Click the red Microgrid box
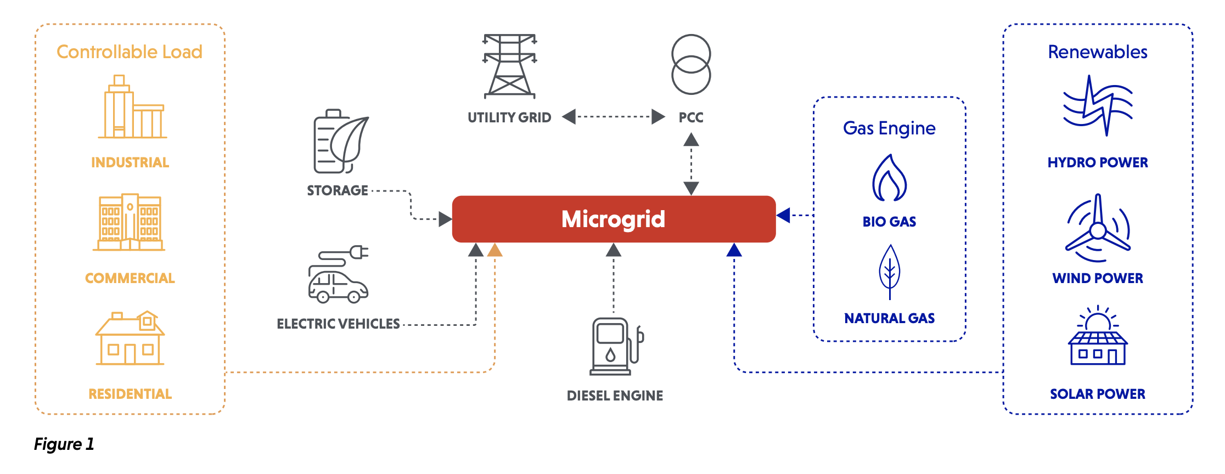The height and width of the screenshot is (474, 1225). point(614,219)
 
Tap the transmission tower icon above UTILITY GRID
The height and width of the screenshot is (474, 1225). point(509,66)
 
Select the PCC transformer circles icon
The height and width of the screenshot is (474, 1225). point(691,64)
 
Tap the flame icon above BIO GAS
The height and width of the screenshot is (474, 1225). point(889,178)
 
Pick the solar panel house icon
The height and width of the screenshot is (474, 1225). point(1098,337)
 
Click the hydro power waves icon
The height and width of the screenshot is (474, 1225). point(1098,105)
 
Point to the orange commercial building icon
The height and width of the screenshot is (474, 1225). point(130,222)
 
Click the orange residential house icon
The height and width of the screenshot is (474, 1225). point(130,338)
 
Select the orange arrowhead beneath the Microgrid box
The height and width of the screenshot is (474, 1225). point(495,251)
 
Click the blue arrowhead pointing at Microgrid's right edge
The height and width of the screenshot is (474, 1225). point(784,215)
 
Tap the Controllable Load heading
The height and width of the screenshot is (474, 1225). point(130,52)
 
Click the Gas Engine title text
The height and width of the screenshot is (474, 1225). point(889,128)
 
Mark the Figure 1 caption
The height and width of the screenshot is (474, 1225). point(64,444)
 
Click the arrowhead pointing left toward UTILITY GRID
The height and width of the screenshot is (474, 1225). point(569,116)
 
